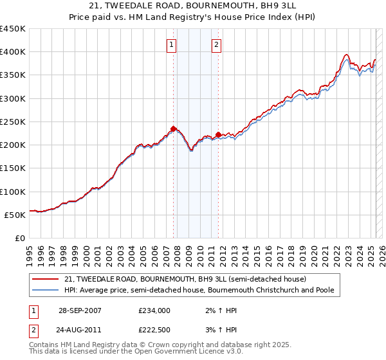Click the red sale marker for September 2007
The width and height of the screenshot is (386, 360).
tap(174, 129)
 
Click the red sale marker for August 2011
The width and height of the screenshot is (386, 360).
tap(218, 134)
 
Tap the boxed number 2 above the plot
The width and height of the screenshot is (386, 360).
tap(217, 45)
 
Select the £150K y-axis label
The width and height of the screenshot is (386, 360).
tap(13, 168)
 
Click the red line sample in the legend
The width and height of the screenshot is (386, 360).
tap(45, 279)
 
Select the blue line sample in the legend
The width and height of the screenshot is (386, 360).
tap(45, 291)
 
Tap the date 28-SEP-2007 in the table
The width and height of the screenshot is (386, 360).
tap(80, 310)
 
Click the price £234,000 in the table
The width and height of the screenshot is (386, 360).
tap(154, 310)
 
